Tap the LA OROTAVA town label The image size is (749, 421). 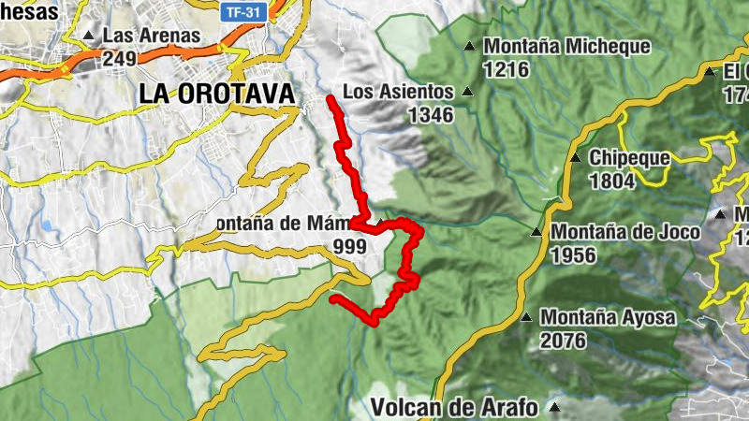click(215, 94)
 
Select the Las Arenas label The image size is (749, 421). click(152, 36)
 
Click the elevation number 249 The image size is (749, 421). click(121, 58)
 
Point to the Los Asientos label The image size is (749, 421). click(398, 92)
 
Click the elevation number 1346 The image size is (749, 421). click(431, 115)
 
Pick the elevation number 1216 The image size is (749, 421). click(507, 69)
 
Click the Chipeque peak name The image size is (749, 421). click(629, 158)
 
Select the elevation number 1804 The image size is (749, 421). click(612, 181)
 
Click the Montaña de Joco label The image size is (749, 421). click(622, 231)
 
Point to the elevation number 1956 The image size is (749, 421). click(574, 254)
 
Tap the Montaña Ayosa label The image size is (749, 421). click(607, 318)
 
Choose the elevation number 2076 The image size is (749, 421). click(563, 341)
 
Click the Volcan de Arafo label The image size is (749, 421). click(454, 407)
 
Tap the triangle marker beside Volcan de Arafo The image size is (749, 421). click(554, 407)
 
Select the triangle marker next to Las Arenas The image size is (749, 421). click(89, 36)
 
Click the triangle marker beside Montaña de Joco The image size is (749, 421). click(536, 231)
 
